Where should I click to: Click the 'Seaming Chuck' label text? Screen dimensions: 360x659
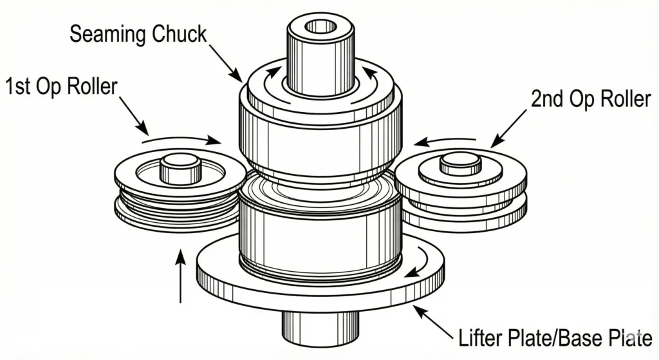click(138, 33)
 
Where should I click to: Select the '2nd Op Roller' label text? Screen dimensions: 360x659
click(591, 99)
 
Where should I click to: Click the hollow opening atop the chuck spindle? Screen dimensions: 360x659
click(320, 26)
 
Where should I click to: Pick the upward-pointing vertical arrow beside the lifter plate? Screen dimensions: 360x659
click(181, 277)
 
